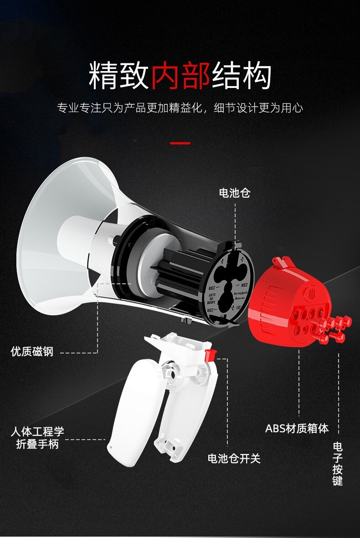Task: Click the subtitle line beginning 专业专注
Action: (180, 108)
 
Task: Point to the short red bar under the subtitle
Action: (180, 143)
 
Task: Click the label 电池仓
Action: (235, 193)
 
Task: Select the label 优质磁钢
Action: (32, 352)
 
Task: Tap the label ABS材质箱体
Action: (297, 429)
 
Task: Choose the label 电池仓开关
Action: (234, 458)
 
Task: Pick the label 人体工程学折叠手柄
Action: (37, 437)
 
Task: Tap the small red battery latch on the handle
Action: (210, 355)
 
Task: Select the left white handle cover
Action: (132, 410)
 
